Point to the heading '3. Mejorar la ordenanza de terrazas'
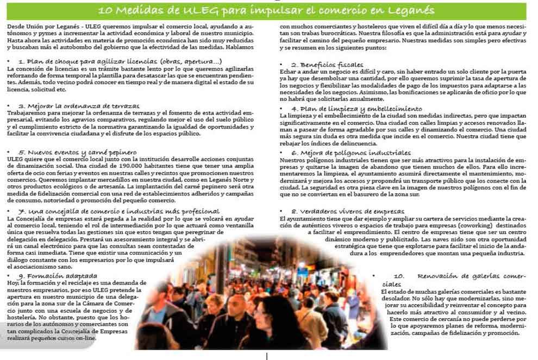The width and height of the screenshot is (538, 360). click(x=79, y=105)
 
